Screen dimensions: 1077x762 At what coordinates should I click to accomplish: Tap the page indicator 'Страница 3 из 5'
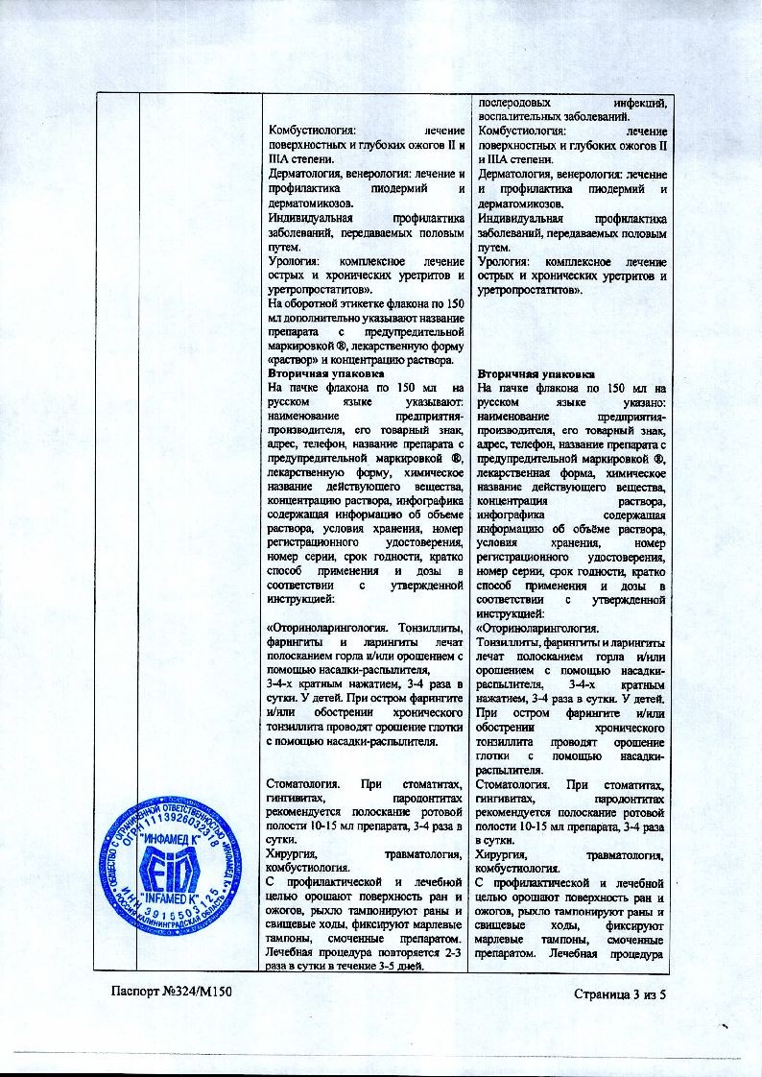click(619, 993)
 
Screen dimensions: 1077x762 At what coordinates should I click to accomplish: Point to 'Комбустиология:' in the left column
click(312, 131)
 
